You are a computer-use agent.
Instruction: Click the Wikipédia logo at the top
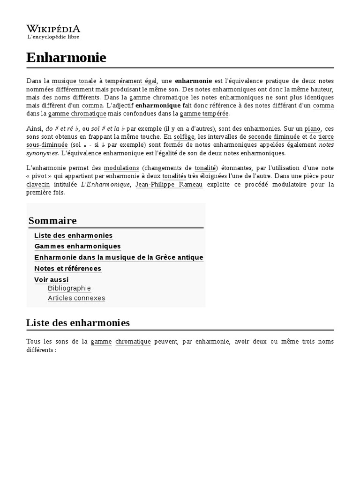pyautogui.click(x=53, y=31)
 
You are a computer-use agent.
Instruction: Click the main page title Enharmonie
pyautogui.click(x=66, y=58)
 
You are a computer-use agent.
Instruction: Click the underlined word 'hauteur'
pyautogui.click(x=321, y=89)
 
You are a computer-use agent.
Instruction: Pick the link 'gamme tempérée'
pyautogui.click(x=204, y=113)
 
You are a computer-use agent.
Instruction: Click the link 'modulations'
pyautogui.click(x=121, y=168)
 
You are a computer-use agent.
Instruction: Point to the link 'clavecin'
pyautogui.click(x=38, y=184)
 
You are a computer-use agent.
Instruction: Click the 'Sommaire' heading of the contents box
pyautogui.click(x=52, y=220)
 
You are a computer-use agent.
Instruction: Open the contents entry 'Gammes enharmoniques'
pyautogui.click(x=77, y=246)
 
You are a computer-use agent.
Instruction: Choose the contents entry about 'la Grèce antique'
pyautogui.click(x=119, y=257)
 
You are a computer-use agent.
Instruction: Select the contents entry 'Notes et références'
pyautogui.click(x=67, y=269)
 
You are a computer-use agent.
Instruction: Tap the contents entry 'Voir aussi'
pyautogui.click(x=51, y=280)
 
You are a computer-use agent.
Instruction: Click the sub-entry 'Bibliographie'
pyautogui.click(x=69, y=288)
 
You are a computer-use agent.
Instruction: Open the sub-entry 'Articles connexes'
pyautogui.click(x=76, y=298)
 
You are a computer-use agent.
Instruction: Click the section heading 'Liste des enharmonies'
pyautogui.click(x=78, y=322)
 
